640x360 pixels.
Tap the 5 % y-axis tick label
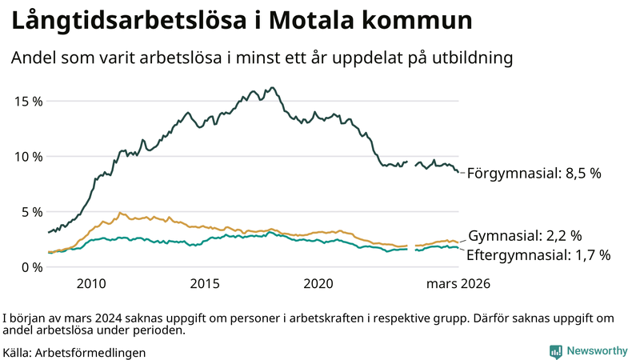pyautogui.click(x=30, y=212)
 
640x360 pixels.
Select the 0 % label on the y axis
pyautogui.click(x=30, y=267)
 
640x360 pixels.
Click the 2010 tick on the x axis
pyautogui.click(x=91, y=283)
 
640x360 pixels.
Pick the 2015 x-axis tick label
pyautogui.click(x=205, y=283)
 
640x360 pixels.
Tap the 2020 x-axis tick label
pyautogui.click(x=318, y=283)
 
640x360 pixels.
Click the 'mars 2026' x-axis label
pyautogui.click(x=458, y=283)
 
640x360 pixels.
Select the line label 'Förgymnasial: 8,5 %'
pyautogui.click(x=534, y=173)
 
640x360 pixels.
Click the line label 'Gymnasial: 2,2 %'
pyautogui.click(x=524, y=236)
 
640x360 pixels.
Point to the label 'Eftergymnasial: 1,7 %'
pyautogui.click(x=538, y=255)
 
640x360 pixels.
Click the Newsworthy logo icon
pyautogui.click(x=555, y=351)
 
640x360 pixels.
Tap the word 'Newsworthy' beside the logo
pyautogui.click(x=597, y=351)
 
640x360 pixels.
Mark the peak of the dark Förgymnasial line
pyautogui.click(x=273, y=88)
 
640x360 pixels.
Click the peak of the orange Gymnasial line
pyautogui.click(x=120, y=213)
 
